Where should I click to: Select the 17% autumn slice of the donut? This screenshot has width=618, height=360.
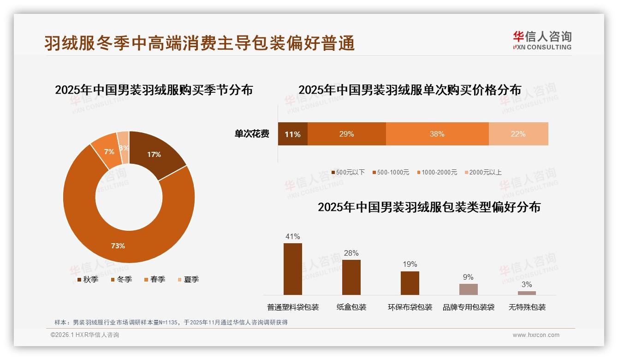[x=154, y=155]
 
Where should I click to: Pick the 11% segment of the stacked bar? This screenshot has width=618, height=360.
[x=292, y=134]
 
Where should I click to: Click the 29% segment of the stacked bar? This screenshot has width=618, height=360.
[x=346, y=134]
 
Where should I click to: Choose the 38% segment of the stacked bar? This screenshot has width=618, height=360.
[x=437, y=134]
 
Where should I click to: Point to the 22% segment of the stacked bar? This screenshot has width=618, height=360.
[x=518, y=134]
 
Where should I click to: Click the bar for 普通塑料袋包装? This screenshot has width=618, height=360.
[x=292, y=269]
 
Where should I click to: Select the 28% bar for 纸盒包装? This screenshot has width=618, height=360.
[x=351, y=277]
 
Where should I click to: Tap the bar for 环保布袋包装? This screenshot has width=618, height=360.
[x=410, y=282]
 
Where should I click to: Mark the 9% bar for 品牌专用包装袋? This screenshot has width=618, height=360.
[x=468, y=289]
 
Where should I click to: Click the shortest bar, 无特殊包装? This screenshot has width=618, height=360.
[x=527, y=293]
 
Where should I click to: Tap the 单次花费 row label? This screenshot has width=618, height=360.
[x=252, y=134]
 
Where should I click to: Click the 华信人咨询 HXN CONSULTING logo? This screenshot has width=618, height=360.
[x=542, y=41]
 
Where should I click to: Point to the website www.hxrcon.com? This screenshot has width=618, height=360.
[x=536, y=335]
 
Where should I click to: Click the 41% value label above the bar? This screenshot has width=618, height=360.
[x=292, y=236]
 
